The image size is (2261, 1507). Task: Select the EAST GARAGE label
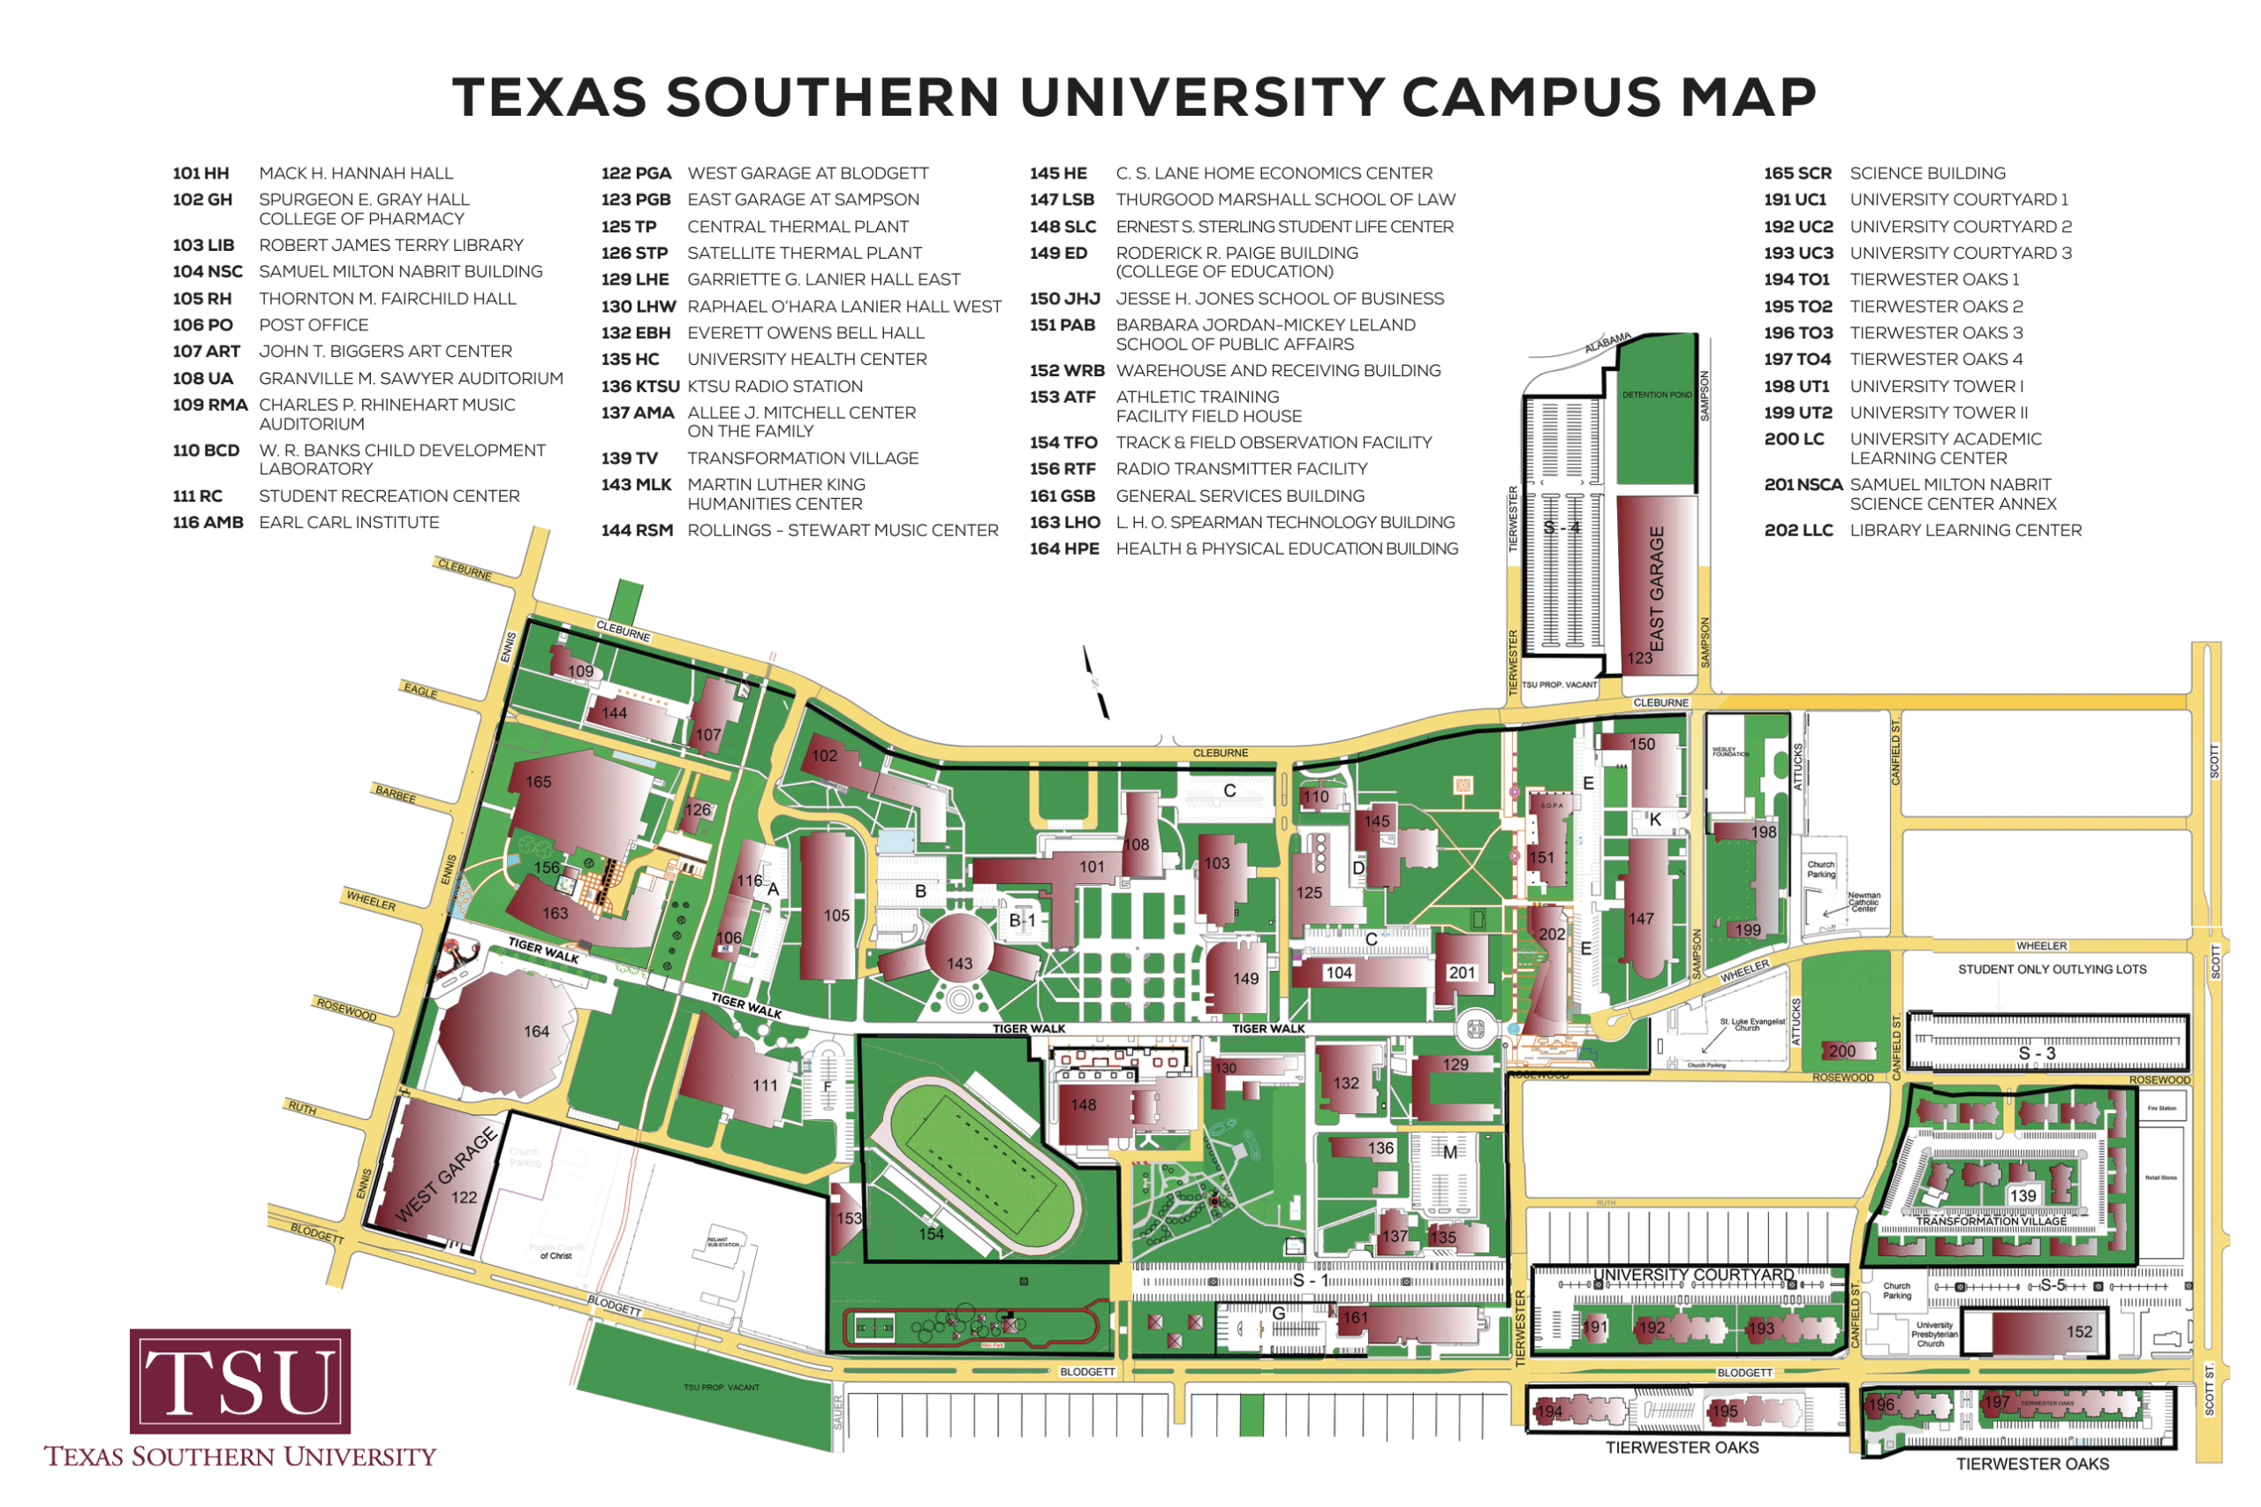[1656, 588]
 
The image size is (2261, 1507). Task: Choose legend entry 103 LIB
[347, 245]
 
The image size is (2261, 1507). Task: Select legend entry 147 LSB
[1242, 199]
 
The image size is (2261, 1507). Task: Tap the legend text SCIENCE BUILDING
[1926, 173]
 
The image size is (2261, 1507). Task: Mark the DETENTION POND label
[1656, 394]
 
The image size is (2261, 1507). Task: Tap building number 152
[2078, 1331]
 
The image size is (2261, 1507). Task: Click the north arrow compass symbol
[1095, 682]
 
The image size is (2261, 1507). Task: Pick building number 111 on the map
[765, 1085]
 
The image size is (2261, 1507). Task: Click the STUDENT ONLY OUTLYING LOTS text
[2051, 969]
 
